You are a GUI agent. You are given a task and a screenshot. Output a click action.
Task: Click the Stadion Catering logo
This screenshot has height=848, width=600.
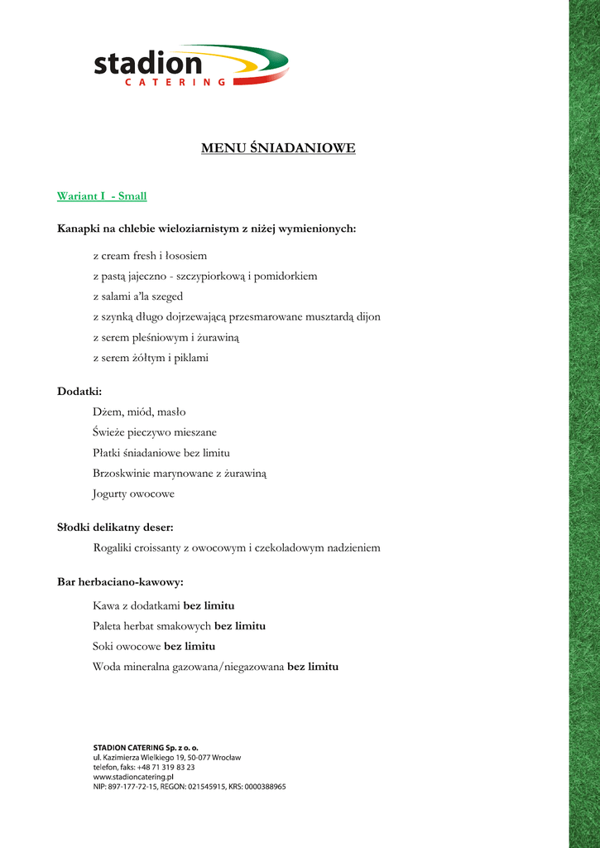tap(190, 65)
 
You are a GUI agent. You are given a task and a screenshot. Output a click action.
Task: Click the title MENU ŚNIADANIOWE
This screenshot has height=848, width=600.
tap(278, 148)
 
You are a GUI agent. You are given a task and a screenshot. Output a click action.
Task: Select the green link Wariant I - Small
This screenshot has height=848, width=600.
tap(102, 196)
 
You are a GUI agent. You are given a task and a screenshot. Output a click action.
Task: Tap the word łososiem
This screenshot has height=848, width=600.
tap(185, 256)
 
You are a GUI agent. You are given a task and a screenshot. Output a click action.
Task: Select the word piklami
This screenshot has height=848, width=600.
tap(190, 359)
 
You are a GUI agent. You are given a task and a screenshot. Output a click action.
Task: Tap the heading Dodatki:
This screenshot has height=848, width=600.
tap(79, 391)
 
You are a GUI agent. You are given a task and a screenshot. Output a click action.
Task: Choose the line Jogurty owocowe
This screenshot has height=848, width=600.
tap(134, 494)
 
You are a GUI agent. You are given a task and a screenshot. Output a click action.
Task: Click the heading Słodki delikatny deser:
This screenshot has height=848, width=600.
tap(115, 528)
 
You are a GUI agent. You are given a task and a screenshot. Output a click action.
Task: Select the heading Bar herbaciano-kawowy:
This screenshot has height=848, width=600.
tap(120, 583)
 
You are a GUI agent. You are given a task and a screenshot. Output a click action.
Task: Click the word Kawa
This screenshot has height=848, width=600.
tap(107, 605)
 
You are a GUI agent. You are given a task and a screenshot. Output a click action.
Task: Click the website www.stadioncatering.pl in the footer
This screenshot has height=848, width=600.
tap(133, 778)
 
